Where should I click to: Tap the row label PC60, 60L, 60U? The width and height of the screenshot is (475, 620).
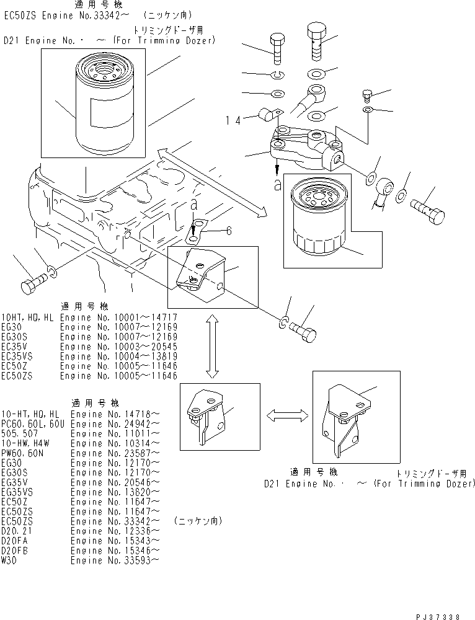click(x=35, y=423)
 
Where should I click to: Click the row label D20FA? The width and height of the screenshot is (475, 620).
click(x=15, y=541)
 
